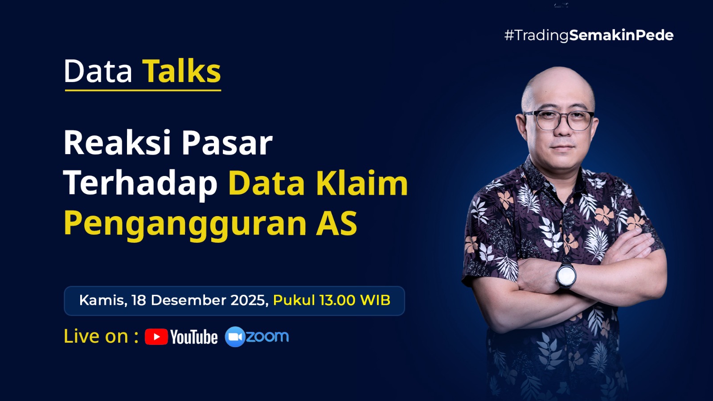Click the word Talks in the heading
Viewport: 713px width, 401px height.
181,70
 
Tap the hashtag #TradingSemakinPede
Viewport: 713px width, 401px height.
589,35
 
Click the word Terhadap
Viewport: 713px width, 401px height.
141,184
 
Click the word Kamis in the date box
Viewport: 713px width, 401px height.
103,300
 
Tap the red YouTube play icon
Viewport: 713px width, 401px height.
156,337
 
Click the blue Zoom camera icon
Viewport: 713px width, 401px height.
235,337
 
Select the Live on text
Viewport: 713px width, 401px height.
101,336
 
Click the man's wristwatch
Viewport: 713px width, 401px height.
566,275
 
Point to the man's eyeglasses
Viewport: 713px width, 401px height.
559,120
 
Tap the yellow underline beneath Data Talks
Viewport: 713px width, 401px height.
143,90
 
